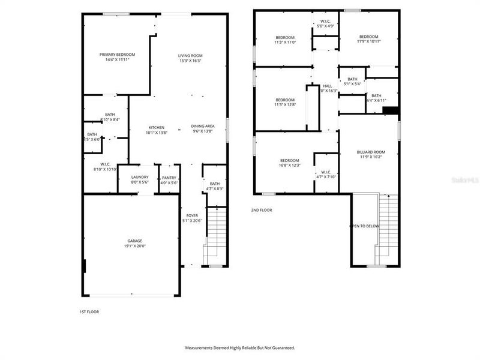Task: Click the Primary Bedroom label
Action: (x=117, y=55)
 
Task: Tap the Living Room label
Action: (x=190, y=56)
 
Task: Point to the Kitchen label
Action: (x=157, y=127)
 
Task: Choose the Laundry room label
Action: (x=139, y=178)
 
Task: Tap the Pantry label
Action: (x=169, y=178)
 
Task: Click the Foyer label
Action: (x=192, y=216)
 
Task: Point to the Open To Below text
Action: (x=364, y=226)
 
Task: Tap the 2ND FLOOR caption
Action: (x=262, y=210)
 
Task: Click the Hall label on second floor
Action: (x=328, y=86)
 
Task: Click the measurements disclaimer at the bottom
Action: (x=240, y=347)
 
